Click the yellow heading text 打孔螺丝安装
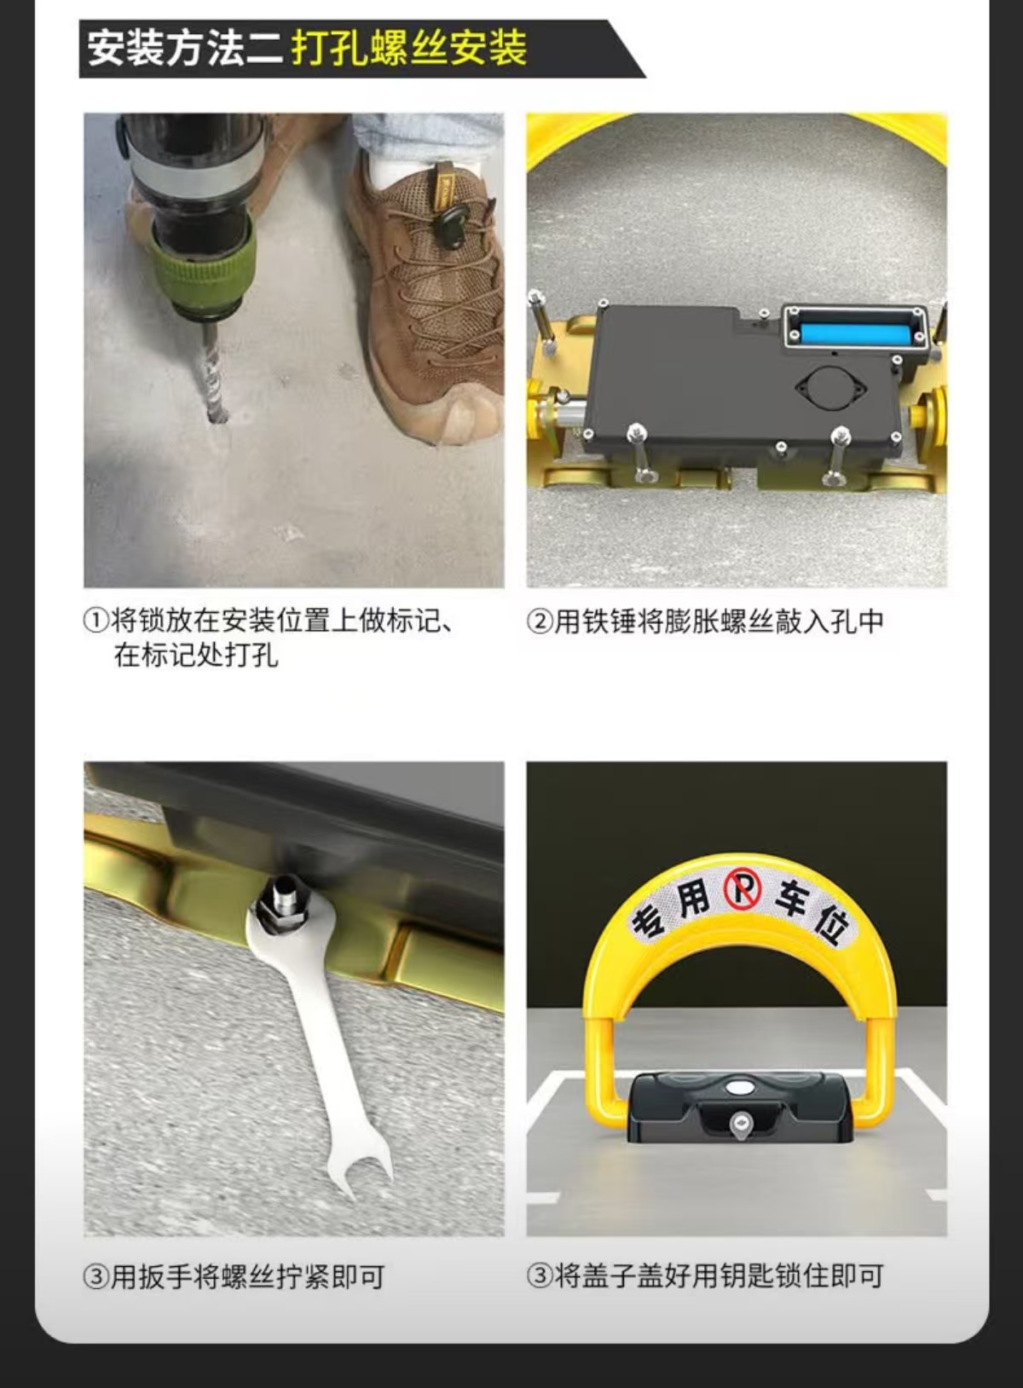[409, 49]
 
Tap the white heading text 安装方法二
[185, 49]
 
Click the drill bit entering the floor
[214, 372]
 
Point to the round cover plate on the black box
[830, 388]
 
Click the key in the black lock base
[741, 1124]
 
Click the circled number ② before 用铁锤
[540, 622]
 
